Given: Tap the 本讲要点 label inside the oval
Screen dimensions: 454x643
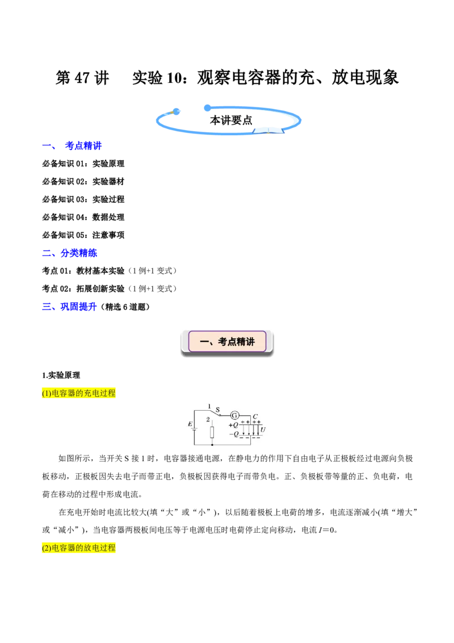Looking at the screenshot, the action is coord(231,120).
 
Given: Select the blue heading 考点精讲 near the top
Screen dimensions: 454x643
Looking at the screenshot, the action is coord(83,145).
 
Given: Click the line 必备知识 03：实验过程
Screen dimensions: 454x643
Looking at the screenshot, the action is coord(83,199).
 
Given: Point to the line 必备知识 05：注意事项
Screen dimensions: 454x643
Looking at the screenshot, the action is coord(83,235).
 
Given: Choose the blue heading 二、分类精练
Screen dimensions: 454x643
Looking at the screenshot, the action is coord(70,253).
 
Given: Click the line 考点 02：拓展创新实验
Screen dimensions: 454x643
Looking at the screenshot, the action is coord(83,289).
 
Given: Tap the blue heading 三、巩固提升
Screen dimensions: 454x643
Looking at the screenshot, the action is coord(70,307).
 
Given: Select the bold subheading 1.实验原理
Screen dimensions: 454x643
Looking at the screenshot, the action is coord(61,375).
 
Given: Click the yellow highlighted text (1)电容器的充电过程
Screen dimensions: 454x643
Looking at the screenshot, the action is coord(79,393).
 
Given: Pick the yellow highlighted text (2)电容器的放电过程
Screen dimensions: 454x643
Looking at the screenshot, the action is coord(79,548).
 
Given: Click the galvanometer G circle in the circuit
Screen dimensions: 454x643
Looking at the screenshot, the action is coord(234,415).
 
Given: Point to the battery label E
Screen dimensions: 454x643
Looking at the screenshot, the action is coord(190,424).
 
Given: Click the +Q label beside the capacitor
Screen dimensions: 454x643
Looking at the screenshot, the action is coord(233,425).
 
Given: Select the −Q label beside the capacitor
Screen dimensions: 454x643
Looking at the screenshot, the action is coord(234,434).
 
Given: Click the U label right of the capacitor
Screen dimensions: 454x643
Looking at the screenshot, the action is coord(263,430).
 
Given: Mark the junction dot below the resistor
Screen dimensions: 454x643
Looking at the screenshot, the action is coord(212,445).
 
